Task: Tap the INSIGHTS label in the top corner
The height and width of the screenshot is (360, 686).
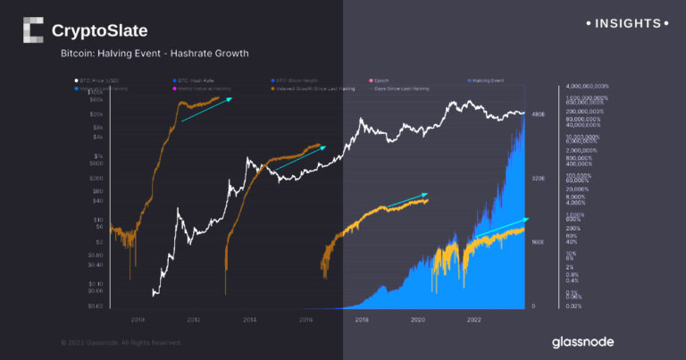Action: click(x=626, y=22)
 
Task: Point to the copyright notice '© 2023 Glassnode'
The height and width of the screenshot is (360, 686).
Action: click(x=121, y=342)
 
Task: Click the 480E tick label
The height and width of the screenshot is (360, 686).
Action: click(x=539, y=114)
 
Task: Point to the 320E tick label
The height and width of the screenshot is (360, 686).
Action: click(x=539, y=179)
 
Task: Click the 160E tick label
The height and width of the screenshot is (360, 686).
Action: click(x=539, y=242)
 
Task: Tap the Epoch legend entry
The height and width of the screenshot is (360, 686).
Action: click(x=382, y=81)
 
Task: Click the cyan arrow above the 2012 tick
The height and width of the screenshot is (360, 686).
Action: click(x=206, y=110)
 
